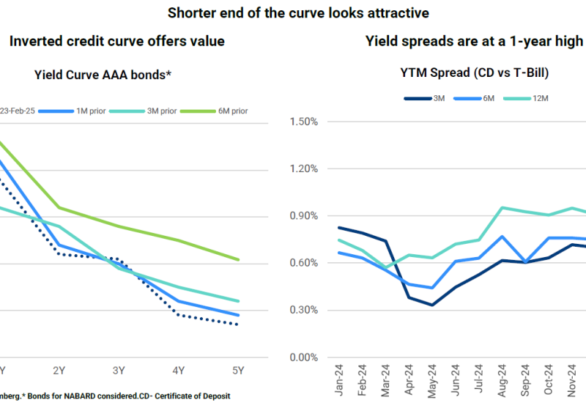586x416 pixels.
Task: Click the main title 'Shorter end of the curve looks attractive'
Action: pyautogui.click(x=298, y=12)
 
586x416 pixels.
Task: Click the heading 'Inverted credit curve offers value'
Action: pyautogui.click(x=117, y=42)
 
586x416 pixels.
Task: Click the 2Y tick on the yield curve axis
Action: pyautogui.click(x=60, y=371)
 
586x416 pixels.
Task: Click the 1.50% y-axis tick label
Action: pyautogui.click(x=304, y=122)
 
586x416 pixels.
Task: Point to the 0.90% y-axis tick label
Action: pyautogui.click(x=304, y=216)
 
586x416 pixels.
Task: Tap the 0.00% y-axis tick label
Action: pyautogui.click(x=304, y=357)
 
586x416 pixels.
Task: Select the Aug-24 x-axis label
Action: pyautogui.click(x=502, y=382)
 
